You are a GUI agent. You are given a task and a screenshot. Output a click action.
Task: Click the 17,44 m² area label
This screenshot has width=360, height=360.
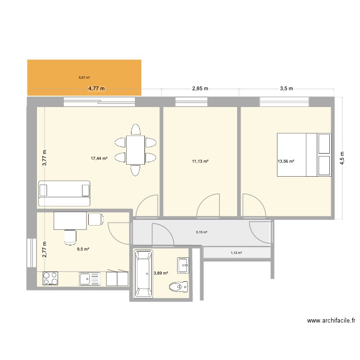(99, 158)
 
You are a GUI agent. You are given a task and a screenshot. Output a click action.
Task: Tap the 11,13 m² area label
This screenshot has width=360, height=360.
(200, 161)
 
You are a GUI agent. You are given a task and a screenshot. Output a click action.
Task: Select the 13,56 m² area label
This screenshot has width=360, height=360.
(286, 161)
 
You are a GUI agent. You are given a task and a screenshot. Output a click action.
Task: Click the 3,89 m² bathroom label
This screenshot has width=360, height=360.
(161, 273)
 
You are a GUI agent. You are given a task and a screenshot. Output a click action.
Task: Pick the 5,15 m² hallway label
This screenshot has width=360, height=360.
(202, 232)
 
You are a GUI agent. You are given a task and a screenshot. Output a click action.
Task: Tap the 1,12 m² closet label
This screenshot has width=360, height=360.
(236, 253)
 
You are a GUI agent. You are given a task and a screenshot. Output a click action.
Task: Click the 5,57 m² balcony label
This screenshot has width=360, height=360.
(84, 77)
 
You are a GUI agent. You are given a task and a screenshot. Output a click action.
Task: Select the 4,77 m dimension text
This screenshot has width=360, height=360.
(96, 88)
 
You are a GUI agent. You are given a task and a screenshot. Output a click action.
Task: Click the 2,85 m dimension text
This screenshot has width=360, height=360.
(200, 88)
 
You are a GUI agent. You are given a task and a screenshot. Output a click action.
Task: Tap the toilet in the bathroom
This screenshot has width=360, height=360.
(178, 287)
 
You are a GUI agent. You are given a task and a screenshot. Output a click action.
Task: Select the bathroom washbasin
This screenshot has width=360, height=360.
(183, 264)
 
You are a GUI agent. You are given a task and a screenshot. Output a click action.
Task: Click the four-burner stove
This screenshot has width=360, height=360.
(50, 278)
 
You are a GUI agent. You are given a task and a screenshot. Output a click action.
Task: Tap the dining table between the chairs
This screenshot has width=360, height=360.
(135, 150)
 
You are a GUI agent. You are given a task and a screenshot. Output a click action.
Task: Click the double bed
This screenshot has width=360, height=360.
(304, 155)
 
